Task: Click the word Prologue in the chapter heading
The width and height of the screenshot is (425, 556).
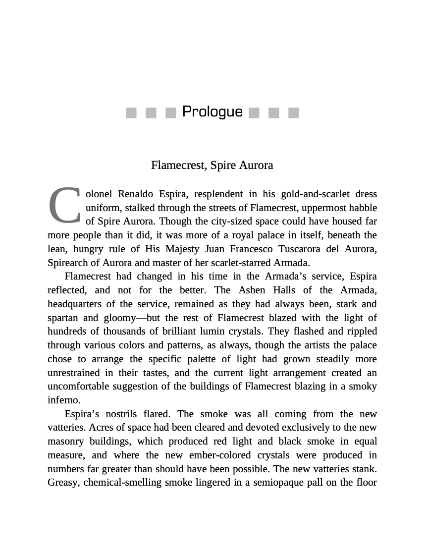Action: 212,112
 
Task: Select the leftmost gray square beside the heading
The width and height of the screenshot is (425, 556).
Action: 131,113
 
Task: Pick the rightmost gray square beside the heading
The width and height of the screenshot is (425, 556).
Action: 294,113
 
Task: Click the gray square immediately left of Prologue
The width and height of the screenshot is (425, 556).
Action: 171,113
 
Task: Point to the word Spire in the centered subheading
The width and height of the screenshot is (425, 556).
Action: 223,165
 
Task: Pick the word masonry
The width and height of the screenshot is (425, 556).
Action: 65,441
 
